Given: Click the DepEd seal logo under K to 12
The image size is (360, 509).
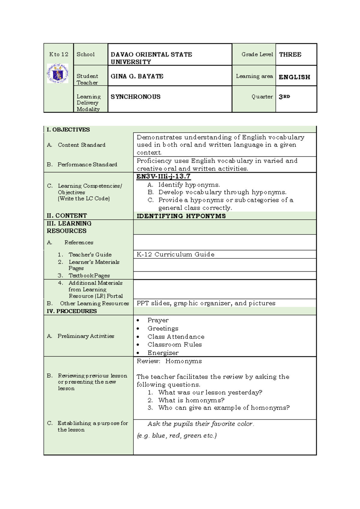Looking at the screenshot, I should coord(58,73).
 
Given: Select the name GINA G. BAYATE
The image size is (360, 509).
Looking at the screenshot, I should coord(137,77).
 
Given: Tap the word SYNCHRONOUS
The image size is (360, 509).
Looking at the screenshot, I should coord(135,97).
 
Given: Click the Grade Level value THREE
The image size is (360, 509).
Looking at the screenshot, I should coord(290,55).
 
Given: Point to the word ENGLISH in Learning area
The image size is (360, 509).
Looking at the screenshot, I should coord(294,77).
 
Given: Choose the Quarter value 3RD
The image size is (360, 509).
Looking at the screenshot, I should coord(284,97).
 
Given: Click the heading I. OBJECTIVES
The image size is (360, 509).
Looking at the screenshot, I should coord(68,130).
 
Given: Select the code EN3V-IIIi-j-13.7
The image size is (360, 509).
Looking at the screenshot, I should coord(163,176).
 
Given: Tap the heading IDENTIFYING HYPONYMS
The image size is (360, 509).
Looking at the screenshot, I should coord(181,216).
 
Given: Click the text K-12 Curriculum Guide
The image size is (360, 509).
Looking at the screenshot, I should coord(175,254).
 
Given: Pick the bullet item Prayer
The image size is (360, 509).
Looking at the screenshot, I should coord(158,320).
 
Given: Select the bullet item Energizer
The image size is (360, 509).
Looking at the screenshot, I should coord(163,353).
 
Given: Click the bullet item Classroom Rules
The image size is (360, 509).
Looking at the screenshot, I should coord(175,345).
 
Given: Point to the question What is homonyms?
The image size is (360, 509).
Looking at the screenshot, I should coord(191,400).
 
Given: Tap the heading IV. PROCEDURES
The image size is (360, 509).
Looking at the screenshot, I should coord(72,311).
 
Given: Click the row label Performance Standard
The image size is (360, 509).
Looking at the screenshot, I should coord(87,164).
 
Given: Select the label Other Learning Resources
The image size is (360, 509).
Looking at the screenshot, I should coord(94,303).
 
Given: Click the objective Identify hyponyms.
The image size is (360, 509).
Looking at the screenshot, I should coord(189,185).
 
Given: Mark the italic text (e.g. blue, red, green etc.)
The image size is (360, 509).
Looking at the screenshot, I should coord(176,435).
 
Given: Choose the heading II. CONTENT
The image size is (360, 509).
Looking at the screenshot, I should coord(67,216).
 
